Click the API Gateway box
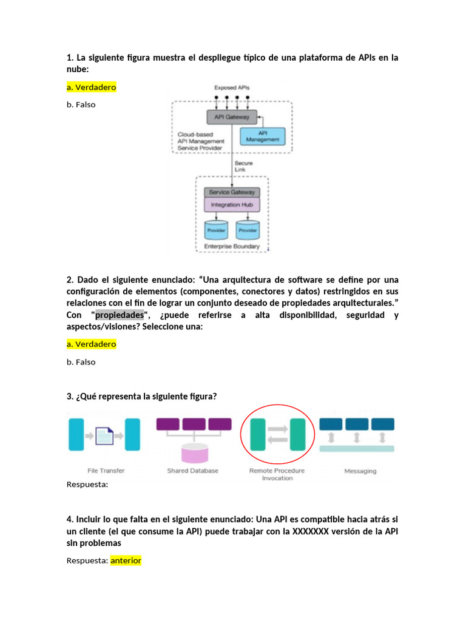click(x=232, y=117)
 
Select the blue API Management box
click(x=263, y=136)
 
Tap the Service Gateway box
click(x=231, y=192)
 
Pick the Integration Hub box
click(x=231, y=205)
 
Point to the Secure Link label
click(x=243, y=166)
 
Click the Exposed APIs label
click(x=232, y=88)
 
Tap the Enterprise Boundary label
click(x=232, y=246)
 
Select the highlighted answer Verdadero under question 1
click(x=91, y=87)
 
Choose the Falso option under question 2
click(x=81, y=362)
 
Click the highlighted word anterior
click(x=126, y=560)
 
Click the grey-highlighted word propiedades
click(x=120, y=315)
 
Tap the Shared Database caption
click(x=192, y=471)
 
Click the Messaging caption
click(x=360, y=471)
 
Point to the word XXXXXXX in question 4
click(x=312, y=531)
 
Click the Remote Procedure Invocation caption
click(x=277, y=474)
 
